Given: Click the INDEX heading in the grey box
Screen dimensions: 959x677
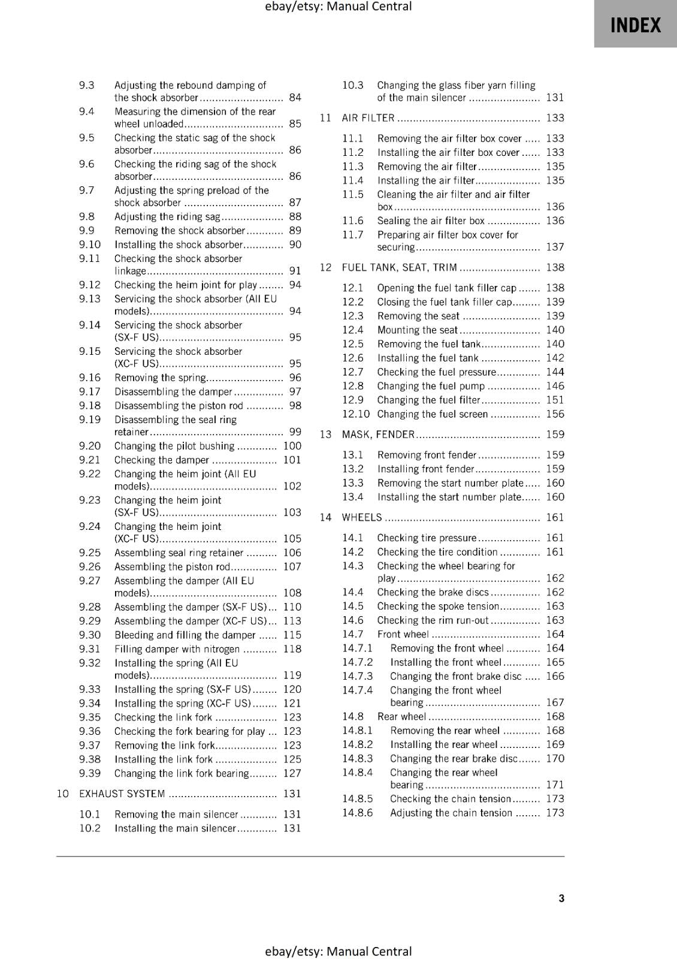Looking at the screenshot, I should click(635, 25).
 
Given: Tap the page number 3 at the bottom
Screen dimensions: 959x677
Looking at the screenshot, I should click(561, 898).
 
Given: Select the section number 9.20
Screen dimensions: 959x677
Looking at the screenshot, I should click(90, 446).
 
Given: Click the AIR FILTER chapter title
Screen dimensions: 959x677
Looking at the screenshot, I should click(368, 118).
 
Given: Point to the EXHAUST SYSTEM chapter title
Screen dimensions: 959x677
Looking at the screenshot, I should click(122, 794).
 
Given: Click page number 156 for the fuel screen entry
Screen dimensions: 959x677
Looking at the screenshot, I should click(555, 414).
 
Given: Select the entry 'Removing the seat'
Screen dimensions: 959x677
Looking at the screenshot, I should click(418, 316).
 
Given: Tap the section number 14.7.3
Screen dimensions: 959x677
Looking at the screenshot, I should click(357, 676).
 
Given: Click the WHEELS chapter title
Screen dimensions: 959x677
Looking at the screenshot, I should click(361, 517).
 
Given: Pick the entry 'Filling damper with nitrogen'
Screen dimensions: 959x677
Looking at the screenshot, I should click(177, 649).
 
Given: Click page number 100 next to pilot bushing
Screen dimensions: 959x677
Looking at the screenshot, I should click(292, 446).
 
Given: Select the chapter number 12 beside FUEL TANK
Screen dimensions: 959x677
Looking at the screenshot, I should click(325, 267).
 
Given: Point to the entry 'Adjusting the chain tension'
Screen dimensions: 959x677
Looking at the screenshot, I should click(451, 813).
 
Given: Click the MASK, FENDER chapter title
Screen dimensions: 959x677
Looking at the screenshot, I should click(377, 435).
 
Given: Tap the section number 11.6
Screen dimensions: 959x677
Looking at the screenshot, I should click(353, 221).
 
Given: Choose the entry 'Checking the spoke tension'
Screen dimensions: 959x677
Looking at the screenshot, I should click(437, 606).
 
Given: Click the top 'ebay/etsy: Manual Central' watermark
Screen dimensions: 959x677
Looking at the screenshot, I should click(338, 7).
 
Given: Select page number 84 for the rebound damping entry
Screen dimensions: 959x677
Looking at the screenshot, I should click(295, 98).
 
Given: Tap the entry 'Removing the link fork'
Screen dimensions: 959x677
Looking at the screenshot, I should click(164, 745).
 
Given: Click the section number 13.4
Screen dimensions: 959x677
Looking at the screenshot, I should click(353, 497).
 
